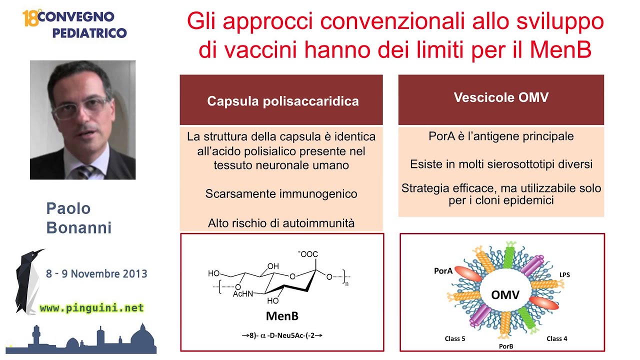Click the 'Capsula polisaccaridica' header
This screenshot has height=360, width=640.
point(282,101)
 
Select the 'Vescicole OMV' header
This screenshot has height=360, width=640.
point(501,97)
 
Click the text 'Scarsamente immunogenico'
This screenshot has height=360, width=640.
point(281,194)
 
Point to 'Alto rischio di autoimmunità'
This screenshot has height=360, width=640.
point(281,223)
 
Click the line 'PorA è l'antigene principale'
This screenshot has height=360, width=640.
point(501,136)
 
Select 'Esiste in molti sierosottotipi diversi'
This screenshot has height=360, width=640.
point(501,164)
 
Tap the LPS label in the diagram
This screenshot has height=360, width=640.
point(564,274)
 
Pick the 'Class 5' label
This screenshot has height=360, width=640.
point(455,338)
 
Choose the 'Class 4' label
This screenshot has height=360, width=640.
point(556,338)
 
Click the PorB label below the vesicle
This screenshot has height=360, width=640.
point(506,345)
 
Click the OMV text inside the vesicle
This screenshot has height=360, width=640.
point(505,295)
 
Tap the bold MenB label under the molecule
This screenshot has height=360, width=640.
point(282,316)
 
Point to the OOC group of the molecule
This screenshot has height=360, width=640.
point(308,254)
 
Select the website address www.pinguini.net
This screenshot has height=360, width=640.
point(91,308)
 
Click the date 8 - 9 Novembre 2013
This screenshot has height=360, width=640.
point(96,274)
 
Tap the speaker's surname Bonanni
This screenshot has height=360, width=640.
point(78,228)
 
